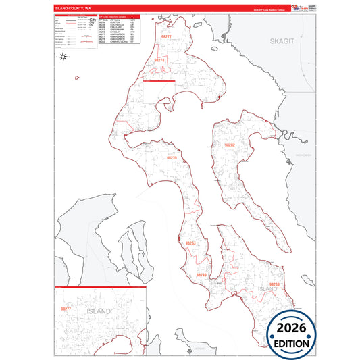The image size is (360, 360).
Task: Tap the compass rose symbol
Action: (63, 57)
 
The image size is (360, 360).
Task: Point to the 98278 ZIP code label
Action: (159, 60)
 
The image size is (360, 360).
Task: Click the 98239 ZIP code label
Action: (172, 158)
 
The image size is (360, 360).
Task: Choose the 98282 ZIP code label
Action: (230, 145)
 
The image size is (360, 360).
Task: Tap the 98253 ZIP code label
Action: (190, 243)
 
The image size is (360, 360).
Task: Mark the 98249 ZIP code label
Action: (201, 275)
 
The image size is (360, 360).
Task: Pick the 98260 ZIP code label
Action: (274, 284)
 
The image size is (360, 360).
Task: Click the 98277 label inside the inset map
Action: (67, 308)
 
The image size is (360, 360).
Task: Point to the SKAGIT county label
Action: (283, 41)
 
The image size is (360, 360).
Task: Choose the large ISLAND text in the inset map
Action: (98, 313)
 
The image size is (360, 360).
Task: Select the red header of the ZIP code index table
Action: (118, 16)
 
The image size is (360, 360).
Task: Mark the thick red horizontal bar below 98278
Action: (159, 81)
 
